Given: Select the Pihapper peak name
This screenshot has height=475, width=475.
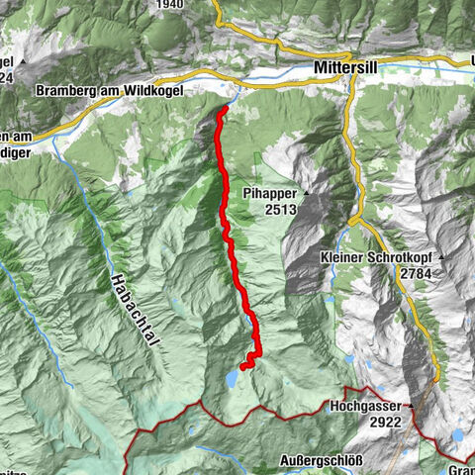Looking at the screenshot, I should point(268,191).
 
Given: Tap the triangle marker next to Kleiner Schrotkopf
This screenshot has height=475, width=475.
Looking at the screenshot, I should point(443,257).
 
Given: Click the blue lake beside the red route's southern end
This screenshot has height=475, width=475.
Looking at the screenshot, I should point(232,378).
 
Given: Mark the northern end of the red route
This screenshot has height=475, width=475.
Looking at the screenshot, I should point(228,108).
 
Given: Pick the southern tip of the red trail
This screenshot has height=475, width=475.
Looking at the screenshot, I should point(242,368).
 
